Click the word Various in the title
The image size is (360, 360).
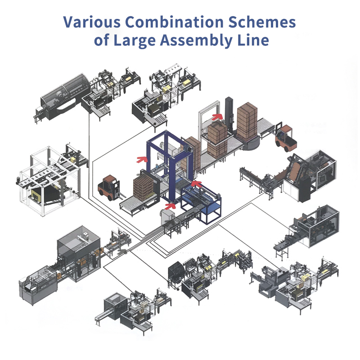click(92, 22)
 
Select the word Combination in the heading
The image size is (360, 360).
click(175, 22)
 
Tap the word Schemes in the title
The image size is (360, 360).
click(262, 22)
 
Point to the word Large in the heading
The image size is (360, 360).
click(135, 40)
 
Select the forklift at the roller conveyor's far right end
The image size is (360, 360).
click(286, 138)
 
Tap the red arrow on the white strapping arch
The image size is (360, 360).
click(217, 117)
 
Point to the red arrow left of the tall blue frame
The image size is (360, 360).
click(142, 159)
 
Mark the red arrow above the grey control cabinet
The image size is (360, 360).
click(170, 206)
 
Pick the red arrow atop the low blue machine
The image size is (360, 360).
click(197, 184)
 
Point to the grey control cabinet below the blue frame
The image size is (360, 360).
click(167, 216)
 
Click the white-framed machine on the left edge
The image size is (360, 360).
click(49, 181)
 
